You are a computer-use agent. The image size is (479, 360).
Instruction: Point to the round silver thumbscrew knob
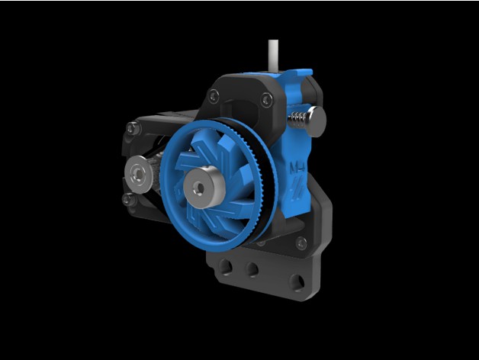click(x=316, y=119)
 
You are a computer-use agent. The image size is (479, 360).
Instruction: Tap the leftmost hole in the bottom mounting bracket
click(x=225, y=266)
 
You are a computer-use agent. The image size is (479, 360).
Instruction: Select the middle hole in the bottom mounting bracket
click(x=251, y=269)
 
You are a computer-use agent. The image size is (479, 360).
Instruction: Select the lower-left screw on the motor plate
click(x=127, y=199)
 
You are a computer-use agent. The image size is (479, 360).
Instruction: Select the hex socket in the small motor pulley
click(x=137, y=171)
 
